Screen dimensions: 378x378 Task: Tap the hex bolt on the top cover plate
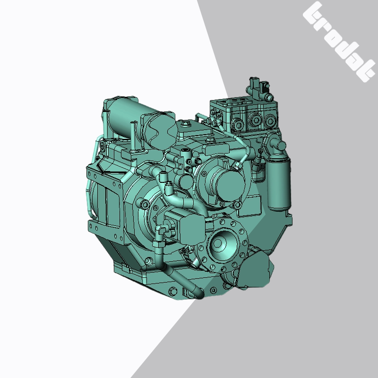(x=185, y=124)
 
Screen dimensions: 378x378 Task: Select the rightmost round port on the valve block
(x=271, y=119)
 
